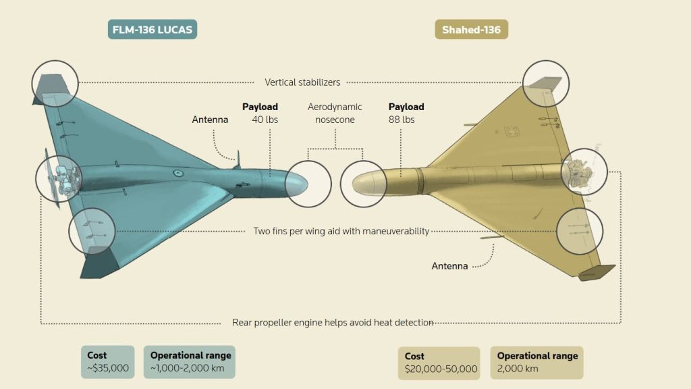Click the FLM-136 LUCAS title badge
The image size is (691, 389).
(x=153, y=30)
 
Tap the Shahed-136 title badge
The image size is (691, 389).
(x=471, y=30)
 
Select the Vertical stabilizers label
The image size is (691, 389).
(x=302, y=82)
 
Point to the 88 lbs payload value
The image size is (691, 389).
(x=402, y=120)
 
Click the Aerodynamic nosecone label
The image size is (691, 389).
(x=335, y=113)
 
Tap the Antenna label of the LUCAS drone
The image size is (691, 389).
(x=210, y=120)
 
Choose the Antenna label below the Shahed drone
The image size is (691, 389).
(x=449, y=266)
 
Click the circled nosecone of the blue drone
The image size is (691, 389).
(x=308, y=184)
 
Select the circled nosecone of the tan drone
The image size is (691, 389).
(x=363, y=183)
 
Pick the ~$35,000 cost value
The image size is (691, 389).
(x=108, y=369)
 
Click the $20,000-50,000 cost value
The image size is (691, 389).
(x=441, y=369)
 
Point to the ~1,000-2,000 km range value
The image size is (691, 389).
(x=189, y=369)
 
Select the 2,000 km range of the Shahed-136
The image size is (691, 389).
(x=518, y=369)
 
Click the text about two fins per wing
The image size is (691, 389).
(x=341, y=231)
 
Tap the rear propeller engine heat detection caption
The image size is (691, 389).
(x=333, y=322)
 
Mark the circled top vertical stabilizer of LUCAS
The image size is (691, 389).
(x=55, y=83)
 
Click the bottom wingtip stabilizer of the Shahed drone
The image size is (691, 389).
(x=597, y=271)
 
